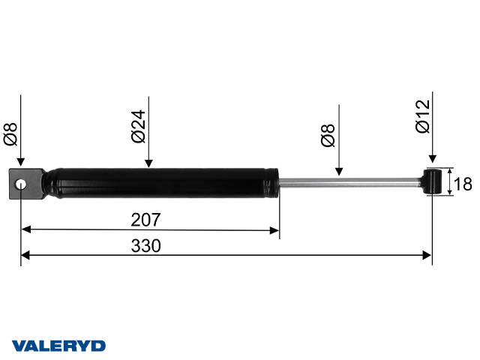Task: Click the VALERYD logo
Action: point(58,346)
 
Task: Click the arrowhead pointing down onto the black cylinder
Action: point(148,163)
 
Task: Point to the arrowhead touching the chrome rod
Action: point(340,172)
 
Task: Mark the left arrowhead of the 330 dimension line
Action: point(25,256)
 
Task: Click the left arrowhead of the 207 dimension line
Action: point(25,229)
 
